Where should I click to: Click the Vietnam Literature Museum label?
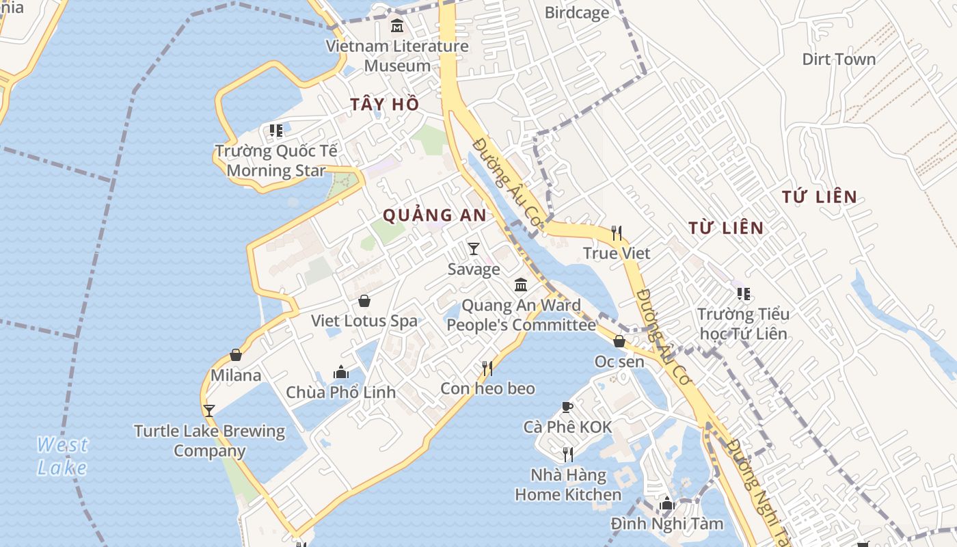[397, 56]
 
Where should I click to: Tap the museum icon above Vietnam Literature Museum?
[397, 27]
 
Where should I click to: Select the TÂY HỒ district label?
[384, 104]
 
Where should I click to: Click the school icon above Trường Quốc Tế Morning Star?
[276, 130]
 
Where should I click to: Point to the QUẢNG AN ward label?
[434, 215]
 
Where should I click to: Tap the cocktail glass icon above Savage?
[474, 249]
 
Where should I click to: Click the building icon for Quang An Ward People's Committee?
[521, 284]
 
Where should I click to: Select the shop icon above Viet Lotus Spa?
[364, 301]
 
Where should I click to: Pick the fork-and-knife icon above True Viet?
[617, 233]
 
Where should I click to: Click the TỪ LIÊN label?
[725, 228]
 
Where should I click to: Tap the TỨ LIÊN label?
[820, 197]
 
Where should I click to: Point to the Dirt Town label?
[839, 59]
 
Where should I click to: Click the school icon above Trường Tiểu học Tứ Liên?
[744, 294]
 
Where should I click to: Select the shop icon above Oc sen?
[619, 341]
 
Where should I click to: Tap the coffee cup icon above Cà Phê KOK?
[567, 408]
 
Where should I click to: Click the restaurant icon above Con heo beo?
[487, 369]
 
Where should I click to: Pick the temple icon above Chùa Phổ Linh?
[340, 373]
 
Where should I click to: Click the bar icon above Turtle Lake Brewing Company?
[209, 411]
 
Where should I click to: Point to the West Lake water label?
[62, 456]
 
